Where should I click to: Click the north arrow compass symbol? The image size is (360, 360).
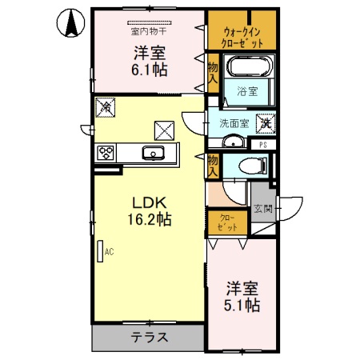(x=70, y=24)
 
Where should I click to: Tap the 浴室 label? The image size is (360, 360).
(x=248, y=92)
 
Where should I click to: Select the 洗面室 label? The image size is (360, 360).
(x=234, y=124)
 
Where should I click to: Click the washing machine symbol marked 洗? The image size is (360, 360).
(x=263, y=124)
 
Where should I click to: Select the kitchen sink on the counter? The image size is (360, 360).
(x=151, y=153)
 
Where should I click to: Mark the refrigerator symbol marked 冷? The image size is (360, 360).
(x=106, y=106)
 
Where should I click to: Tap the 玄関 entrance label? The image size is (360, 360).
(x=263, y=209)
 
